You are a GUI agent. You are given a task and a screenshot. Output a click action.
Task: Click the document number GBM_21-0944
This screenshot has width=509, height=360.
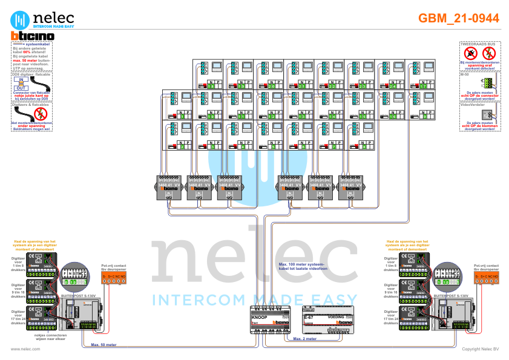pyautogui.click(x=459, y=18)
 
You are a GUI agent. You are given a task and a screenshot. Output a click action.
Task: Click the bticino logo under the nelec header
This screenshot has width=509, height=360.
pyautogui.click(x=33, y=36)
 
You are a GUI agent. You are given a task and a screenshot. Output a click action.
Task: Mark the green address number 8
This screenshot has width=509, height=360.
pyautogui.click(x=364, y=146)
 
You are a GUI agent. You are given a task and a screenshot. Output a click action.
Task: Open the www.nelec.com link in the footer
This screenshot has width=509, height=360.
pyautogui.click(x=21, y=349)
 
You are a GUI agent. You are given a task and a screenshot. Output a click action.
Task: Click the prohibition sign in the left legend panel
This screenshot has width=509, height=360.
pyautogui.click(x=41, y=114)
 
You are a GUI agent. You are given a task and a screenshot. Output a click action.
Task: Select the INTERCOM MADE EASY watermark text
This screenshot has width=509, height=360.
pyautogui.click(x=254, y=299)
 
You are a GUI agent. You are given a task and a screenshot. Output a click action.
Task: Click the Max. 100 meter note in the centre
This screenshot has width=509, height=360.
pyautogui.click(x=301, y=268)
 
